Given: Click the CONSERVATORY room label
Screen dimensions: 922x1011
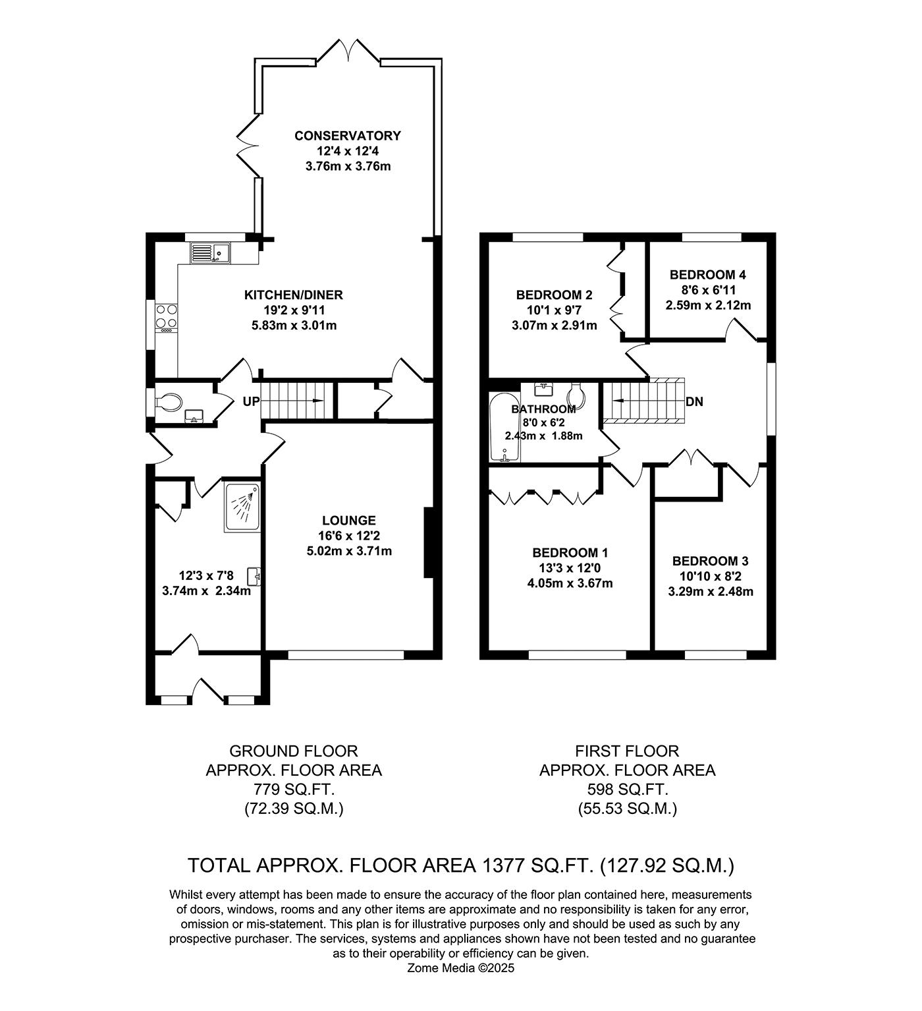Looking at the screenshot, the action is coord(348,136).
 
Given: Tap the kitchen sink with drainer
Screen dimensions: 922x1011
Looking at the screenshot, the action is coord(210,252).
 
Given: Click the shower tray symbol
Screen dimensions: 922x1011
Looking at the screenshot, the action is coord(242,507).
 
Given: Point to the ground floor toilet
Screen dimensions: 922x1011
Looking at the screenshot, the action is coord(169,402).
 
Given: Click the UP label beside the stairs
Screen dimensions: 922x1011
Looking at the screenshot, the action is coord(252,401).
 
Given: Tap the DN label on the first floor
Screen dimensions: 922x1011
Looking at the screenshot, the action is coord(694,401).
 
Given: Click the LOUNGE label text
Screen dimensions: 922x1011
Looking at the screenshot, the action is coord(349,520).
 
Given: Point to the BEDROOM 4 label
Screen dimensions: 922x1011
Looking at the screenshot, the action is coord(708,275).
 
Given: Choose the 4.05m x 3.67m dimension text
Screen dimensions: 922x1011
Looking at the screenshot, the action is coord(569,584).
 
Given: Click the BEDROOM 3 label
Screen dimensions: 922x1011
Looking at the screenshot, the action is coord(711,561).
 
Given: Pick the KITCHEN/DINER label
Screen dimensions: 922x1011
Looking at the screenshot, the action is coord(294,295).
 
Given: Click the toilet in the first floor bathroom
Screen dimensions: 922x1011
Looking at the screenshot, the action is coord(577,395).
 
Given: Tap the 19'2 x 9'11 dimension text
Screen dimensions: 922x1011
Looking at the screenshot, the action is coord(294,310).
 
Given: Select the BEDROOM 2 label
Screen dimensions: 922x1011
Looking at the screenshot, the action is coord(555,295).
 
